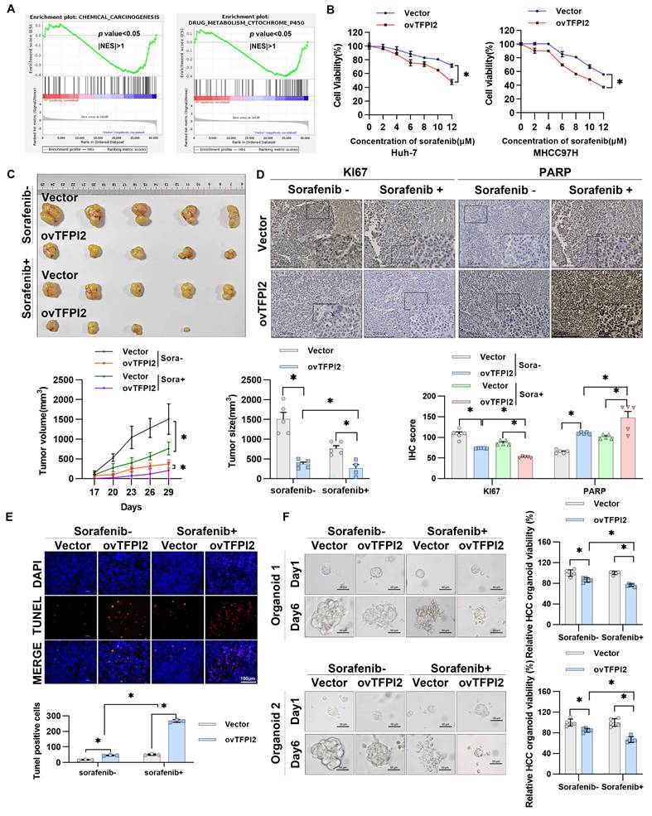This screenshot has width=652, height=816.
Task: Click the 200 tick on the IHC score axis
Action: click(449, 397)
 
